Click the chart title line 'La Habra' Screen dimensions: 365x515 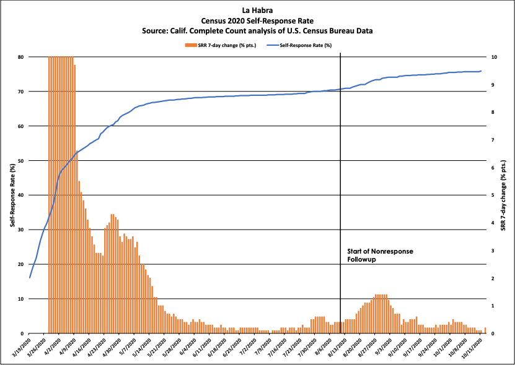(257, 11)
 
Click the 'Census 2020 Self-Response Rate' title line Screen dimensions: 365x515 (257, 20)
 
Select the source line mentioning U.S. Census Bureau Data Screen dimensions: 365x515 (257, 30)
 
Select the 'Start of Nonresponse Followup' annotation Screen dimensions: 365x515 (379, 255)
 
